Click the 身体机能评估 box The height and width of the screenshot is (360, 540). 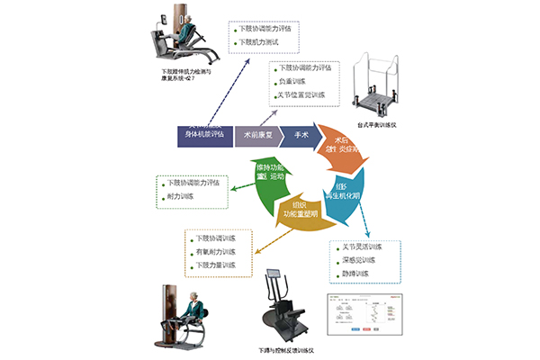[202, 135]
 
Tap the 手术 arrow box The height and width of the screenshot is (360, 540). [301, 135]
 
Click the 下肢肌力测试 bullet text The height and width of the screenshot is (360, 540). [260, 42]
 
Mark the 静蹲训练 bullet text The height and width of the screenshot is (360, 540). [355, 273]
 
